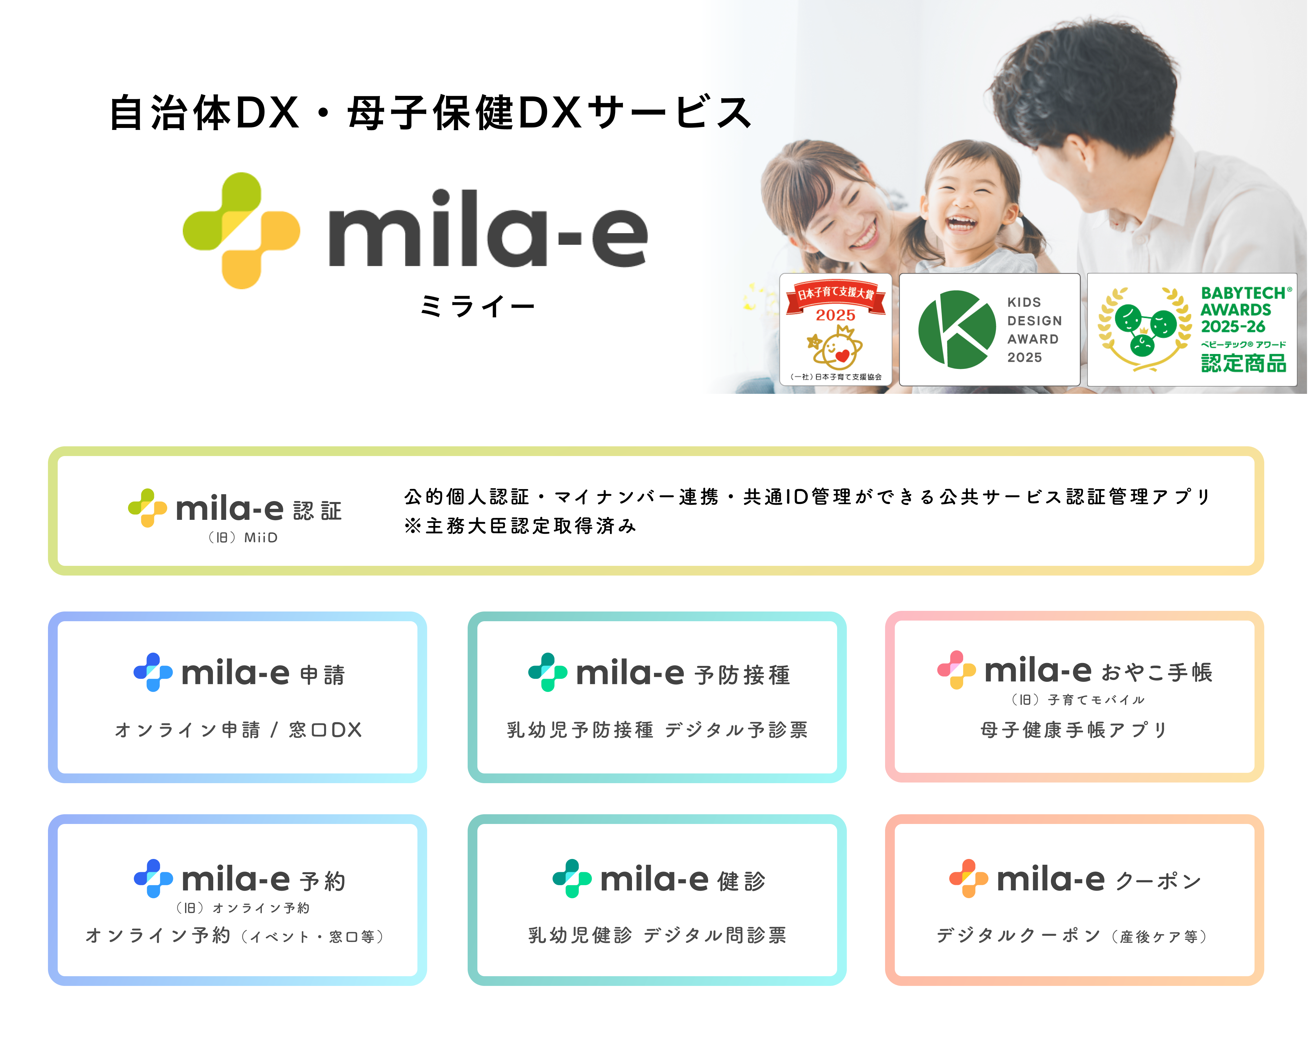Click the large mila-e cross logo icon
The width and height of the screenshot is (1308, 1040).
(241, 230)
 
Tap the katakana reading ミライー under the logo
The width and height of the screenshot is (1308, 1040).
(477, 306)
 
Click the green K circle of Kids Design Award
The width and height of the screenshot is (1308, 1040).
(957, 329)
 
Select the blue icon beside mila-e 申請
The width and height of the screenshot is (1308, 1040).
(153, 672)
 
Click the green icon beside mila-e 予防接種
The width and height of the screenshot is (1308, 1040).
(548, 672)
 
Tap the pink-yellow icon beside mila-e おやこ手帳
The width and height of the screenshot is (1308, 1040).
(957, 669)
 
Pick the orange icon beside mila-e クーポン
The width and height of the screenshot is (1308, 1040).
(969, 878)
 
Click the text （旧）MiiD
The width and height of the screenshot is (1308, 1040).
(243, 537)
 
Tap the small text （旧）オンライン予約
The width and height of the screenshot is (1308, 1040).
(243, 908)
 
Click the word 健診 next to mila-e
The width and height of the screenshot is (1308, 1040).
(742, 881)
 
